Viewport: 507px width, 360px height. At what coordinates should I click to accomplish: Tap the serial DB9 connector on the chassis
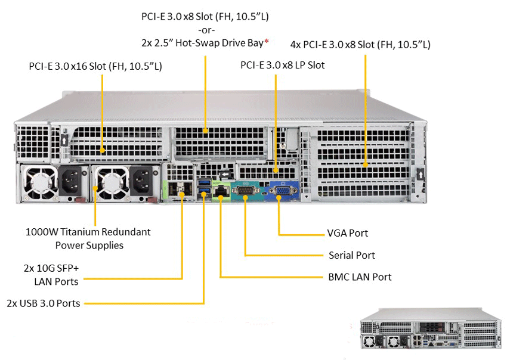pos(245,191)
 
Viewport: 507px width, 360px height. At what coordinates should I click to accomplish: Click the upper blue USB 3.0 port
pos(204,182)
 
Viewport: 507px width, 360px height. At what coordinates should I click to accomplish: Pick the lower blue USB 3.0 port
pos(204,191)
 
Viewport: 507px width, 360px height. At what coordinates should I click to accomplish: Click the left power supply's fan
pos(41,182)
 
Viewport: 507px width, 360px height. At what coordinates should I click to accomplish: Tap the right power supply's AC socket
pos(141,182)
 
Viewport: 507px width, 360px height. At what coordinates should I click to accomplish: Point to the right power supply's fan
pos(111,182)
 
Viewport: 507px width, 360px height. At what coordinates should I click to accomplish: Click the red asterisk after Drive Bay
pos(267,41)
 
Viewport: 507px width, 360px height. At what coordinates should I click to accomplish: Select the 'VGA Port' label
pos(347,233)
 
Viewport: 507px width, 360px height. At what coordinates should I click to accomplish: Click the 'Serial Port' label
pos(352,255)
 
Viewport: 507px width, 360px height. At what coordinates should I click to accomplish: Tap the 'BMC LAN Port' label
pos(360,277)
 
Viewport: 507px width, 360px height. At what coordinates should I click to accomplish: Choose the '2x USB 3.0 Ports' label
pos(44,303)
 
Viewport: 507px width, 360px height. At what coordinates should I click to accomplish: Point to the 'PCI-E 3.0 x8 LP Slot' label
pos(282,65)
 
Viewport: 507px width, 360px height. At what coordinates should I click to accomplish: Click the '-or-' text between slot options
pos(206,30)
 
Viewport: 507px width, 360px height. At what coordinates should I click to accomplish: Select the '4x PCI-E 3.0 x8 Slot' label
pos(360,45)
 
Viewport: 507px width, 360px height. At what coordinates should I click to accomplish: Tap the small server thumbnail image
pos(432,328)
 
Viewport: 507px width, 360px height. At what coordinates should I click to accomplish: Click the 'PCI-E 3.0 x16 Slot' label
pos(95,66)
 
